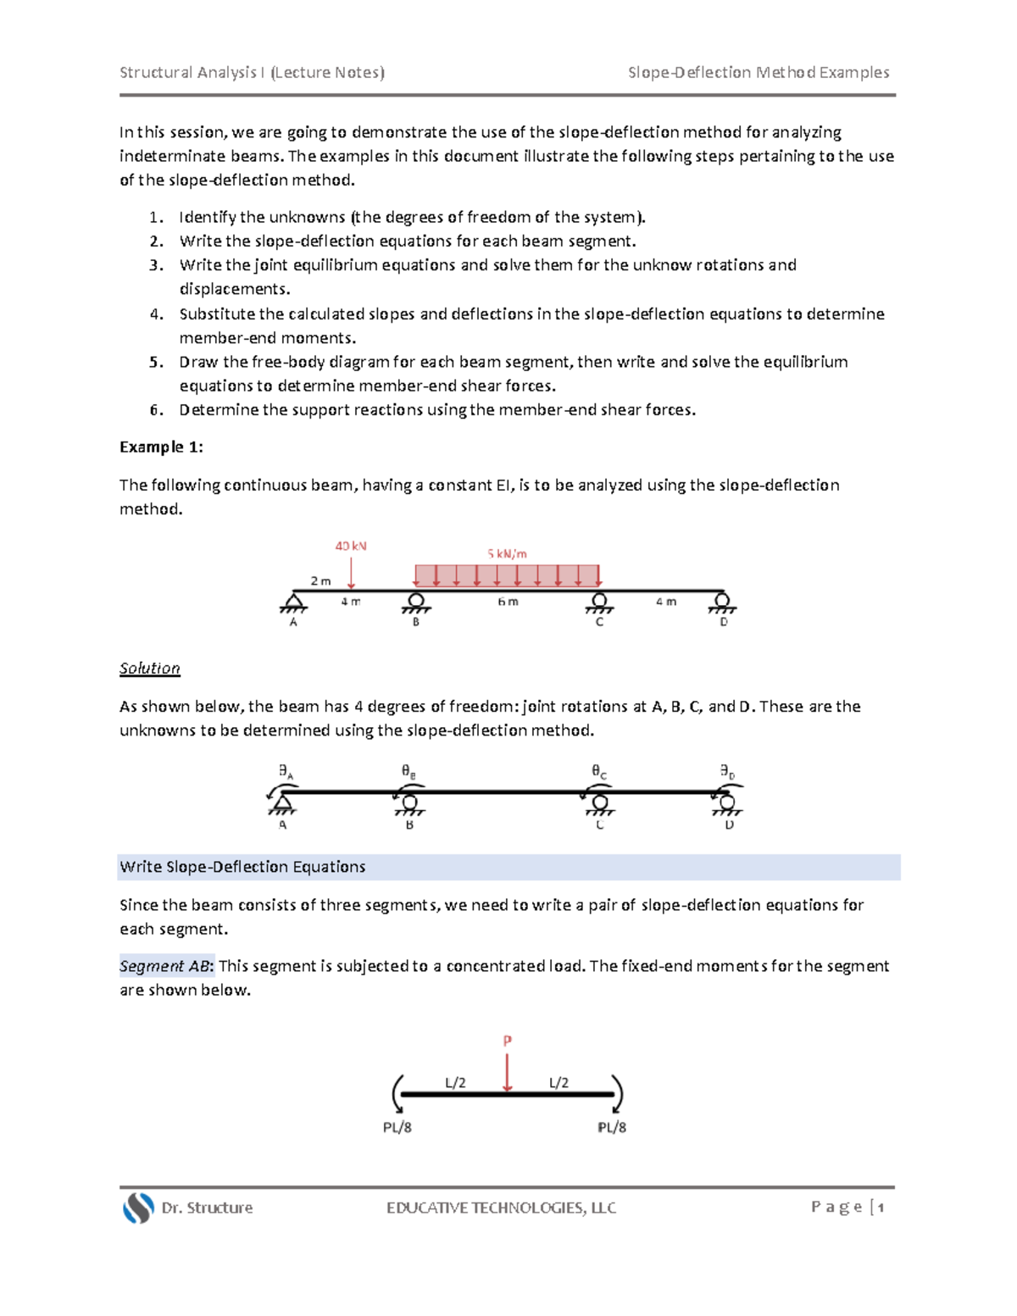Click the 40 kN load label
pos(351,546)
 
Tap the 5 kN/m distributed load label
pos(507,553)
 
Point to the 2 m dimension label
pos(320,580)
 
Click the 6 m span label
pos(508,602)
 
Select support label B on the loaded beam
pos(416,622)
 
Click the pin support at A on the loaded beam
pos(293,602)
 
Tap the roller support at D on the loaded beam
pos(723,602)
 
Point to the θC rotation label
pos(599,771)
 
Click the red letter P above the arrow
pos(508,1040)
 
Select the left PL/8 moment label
pos(397,1127)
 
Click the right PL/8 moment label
pos(612,1127)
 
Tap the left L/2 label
pos(455,1082)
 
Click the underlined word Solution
pos(150,668)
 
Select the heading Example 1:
pos(161,447)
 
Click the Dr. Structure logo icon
pos(138,1208)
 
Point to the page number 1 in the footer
pos(881,1208)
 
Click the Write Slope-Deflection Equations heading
pos(242,867)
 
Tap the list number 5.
pos(156,362)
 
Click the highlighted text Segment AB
pos(165,966)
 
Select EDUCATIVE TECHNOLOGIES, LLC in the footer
pos(501,1208)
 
